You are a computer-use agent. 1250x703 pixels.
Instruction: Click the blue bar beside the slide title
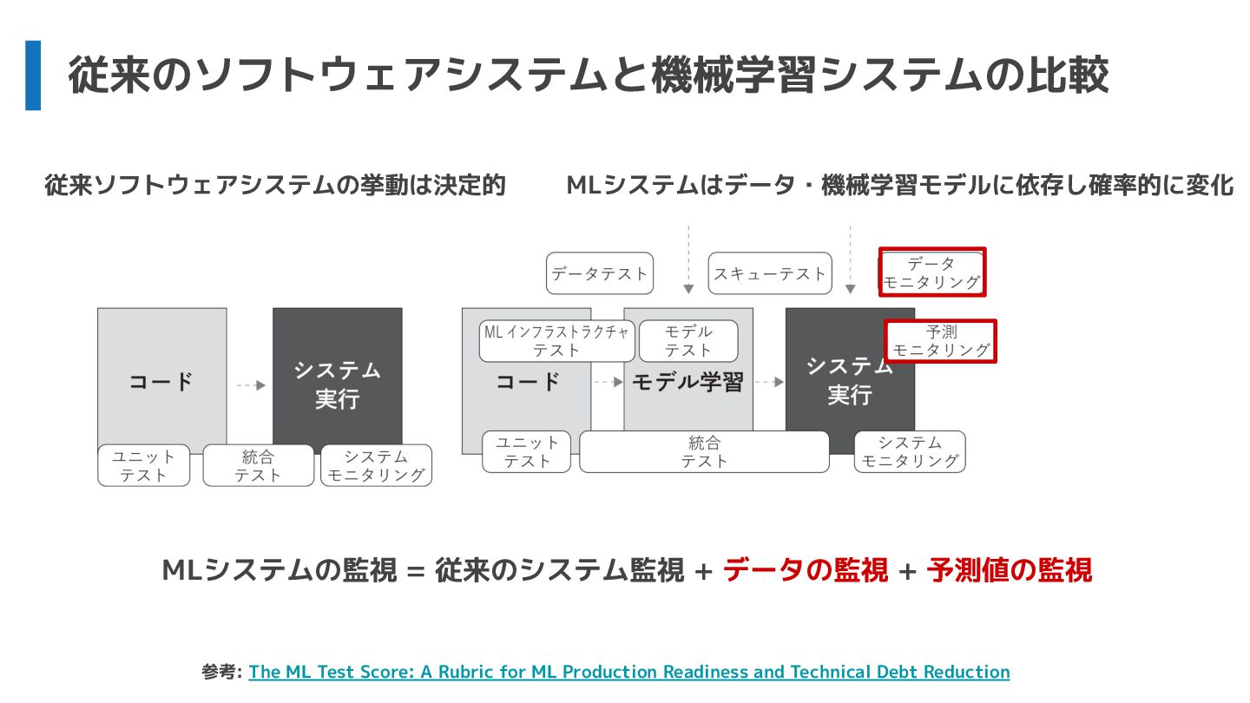coord(33,76)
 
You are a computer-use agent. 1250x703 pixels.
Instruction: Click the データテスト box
coord(600,273)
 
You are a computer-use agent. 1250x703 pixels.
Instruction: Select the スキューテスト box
coord(770,273)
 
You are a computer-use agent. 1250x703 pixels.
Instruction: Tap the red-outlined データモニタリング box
coord(931,273)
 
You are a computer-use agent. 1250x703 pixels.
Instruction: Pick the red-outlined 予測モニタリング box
coord(941,341)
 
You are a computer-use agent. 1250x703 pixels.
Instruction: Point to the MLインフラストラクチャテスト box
coord(556,341)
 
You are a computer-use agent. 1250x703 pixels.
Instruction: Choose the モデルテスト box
coord(688,341)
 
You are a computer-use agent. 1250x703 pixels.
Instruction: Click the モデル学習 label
coord(687,382)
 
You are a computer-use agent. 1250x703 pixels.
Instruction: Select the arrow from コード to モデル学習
coord(608,382)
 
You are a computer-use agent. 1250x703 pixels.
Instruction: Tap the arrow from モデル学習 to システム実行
coord(769,382)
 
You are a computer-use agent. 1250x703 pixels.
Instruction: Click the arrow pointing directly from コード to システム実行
coord(250,384)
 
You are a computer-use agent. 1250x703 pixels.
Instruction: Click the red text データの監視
coord(806,570)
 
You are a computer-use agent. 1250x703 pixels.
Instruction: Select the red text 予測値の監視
coord(1009,570)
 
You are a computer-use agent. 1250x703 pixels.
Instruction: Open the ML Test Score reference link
coord(628,672)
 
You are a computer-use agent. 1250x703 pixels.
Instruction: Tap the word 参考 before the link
coord(220,672)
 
